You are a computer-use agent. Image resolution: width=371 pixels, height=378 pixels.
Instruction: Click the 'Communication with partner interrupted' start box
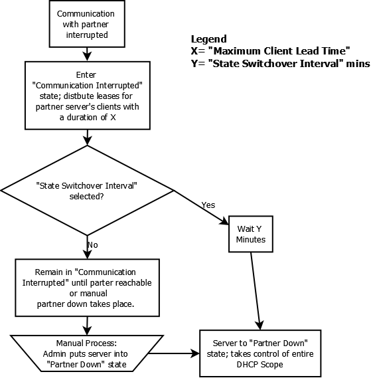coord(85,23)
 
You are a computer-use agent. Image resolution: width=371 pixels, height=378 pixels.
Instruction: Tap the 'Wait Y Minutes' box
coord(251,234)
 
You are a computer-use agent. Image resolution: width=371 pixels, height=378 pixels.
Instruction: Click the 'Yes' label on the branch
coord(208,205)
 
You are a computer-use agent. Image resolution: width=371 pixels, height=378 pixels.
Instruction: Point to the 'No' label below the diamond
coord(92,244)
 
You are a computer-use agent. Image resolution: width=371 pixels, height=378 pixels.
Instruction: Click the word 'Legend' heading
coord(208,39)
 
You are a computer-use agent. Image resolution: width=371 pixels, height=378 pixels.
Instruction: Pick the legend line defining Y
coord(279,64)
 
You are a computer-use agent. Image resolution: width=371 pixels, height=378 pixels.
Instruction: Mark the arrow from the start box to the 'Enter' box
coord(86,54)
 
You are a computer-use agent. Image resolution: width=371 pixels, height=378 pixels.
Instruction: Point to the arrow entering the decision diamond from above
coord(87,138)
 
